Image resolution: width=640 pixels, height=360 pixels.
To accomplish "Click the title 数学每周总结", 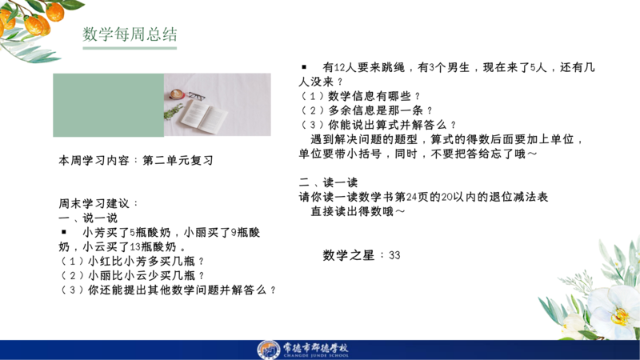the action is (130, 34).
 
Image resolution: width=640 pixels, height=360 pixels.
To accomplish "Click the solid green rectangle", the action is (109, 105).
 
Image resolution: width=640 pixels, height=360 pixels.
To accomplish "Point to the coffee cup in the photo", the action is (177, 94).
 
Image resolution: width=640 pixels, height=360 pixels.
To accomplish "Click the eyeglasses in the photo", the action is (197, 96).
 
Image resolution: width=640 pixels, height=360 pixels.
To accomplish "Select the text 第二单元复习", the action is (178, 161).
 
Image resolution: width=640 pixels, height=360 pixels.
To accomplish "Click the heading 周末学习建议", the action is (94, 203).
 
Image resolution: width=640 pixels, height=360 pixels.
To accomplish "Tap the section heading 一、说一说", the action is (88, 218).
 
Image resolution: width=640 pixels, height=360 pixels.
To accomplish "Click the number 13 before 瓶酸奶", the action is (135, 247).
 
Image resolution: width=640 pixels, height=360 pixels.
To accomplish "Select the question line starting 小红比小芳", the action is (132, 262).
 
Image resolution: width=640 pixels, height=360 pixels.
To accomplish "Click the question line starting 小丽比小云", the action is (132, 275).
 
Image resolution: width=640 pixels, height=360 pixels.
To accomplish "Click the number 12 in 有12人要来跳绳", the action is (339, 67).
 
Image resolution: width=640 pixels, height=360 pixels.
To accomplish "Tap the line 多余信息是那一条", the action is (366, 110).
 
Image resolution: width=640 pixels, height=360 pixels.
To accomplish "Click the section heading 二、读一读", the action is (328, 182).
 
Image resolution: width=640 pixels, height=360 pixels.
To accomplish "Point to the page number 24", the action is (412, 197).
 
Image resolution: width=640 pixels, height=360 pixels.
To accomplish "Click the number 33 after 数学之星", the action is (394, 255).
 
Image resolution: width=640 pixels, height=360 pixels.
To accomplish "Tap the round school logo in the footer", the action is (268, 350).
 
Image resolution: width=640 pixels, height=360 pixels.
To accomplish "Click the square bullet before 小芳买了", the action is (64, 232).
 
